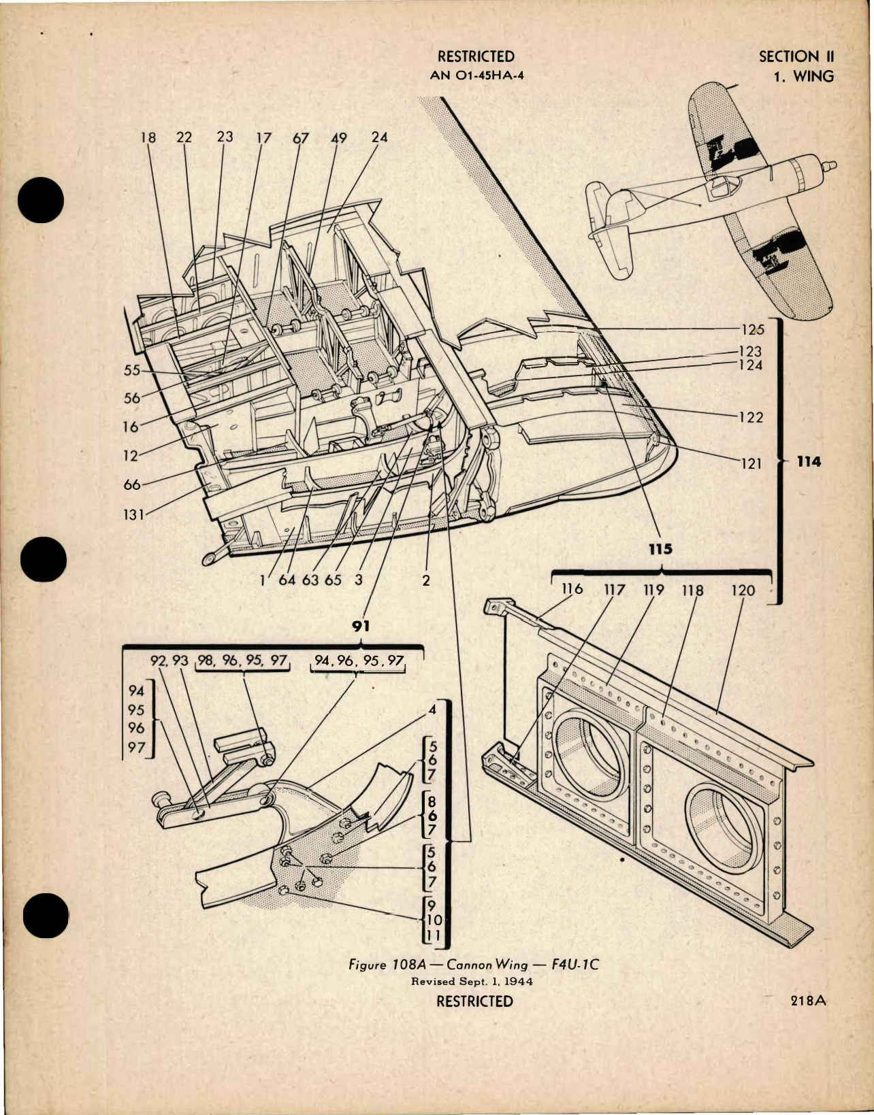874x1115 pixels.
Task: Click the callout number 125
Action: (753, 329)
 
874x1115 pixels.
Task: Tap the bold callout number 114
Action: (809, 462)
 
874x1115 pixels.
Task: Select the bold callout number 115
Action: (660, 549)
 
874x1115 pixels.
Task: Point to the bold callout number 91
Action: (360, 626)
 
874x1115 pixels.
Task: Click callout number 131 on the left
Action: (133, 514)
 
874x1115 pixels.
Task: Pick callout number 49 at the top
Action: (338, 138)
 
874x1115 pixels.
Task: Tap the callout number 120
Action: (743, 590)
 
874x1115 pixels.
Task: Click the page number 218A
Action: (808, 1001)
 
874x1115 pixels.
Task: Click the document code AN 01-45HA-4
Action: (476, 75)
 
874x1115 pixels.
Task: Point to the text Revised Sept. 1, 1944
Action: (472, 981)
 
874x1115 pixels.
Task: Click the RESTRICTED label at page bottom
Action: (474, 1001)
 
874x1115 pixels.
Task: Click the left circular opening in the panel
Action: (589, 748)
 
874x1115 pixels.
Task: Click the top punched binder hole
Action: (41, 200)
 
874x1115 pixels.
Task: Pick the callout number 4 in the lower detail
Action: (432, 710)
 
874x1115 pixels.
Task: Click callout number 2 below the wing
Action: (426, 580)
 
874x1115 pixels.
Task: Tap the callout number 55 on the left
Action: (132, 370)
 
